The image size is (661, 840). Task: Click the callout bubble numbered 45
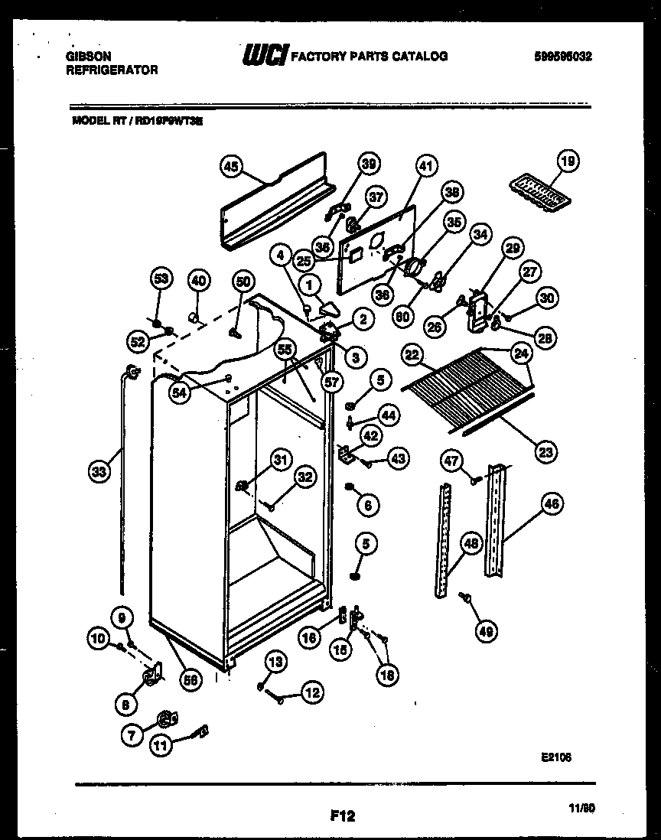(x=230, y=166)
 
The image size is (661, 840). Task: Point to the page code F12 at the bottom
(x=342, y=816)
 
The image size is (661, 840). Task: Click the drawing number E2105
(x=555, y=757)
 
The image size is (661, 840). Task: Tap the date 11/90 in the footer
(x=583, y=806)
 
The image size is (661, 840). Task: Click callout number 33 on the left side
(x=99, y=473)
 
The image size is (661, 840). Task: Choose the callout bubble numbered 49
(x=487, y=631)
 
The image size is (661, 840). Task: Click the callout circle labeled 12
(x=311, y=692)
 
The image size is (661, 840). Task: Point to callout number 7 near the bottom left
(x=132, y=736)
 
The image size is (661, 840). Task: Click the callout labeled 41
(x=425, y=165)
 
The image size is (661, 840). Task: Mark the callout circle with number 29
(x=512, y=247)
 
